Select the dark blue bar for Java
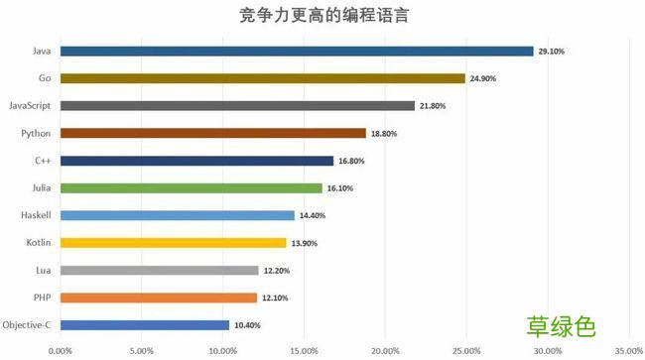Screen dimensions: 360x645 point(297,51)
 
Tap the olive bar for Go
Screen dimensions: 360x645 point(262,78)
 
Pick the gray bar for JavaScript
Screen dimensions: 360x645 point(237,105)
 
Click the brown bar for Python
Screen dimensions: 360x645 point(213,133)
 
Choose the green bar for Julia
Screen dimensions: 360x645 point(192,187)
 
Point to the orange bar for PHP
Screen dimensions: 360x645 point(159,297)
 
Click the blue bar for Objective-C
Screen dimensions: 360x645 point(145,324)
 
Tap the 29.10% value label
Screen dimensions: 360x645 point(552,51)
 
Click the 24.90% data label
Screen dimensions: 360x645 point(483,78)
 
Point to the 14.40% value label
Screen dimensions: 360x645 point(313,215)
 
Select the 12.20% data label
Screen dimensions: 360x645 point(277,270)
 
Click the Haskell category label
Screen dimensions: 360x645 point(38,215)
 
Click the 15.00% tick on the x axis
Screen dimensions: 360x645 point(304,349)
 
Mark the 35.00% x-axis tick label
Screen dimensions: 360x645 point(628,349)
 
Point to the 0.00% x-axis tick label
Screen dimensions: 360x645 point(61,349)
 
